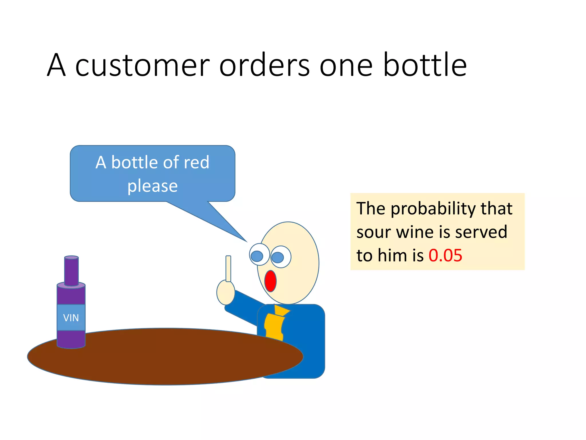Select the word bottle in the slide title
(425, 65)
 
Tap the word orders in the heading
(264, 65)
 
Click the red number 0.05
(445, 255)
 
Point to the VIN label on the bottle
(71, 318)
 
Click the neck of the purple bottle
(71, 271)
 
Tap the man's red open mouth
(270, 281)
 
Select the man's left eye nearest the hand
(259, 255)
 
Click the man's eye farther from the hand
(280, 257)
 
